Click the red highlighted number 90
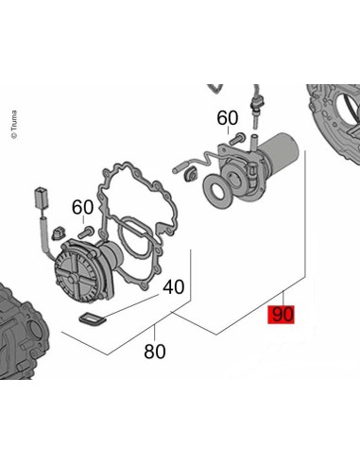[x=281, y=314]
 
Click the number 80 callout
[x=155, y=352]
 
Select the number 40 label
[x=174, y=286]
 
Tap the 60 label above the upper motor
[x=228, y=118]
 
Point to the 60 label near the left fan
[x=82, y=207]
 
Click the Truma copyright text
[x=14, y=125]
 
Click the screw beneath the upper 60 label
[x=237, y=139]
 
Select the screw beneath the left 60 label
[x=86, y=232]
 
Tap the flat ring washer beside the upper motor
[x=218, y=191]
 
